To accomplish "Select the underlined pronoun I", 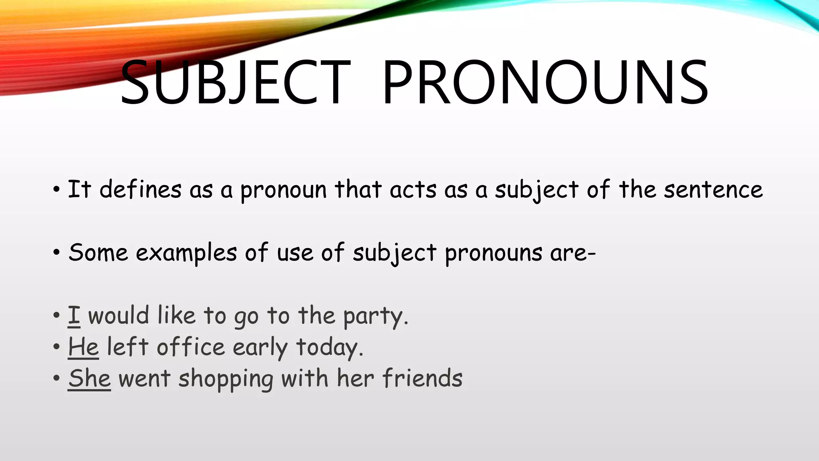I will tap(74, 315).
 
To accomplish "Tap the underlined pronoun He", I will tap(83, 347).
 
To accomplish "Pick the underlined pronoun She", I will tap(89, 378).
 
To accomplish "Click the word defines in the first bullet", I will tap(140, 189).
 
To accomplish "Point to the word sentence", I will tap(713, 189).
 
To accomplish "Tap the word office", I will tap(191, 347).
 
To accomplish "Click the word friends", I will tap(422, 378).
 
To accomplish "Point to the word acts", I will tap(413, 189).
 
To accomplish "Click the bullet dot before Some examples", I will tap(56, 253).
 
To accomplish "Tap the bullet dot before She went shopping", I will tap(56, 379).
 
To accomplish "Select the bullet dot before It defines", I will tap(56, 189).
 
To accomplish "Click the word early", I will tap(260, 347).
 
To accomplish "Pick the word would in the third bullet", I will tap(118, 315).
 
